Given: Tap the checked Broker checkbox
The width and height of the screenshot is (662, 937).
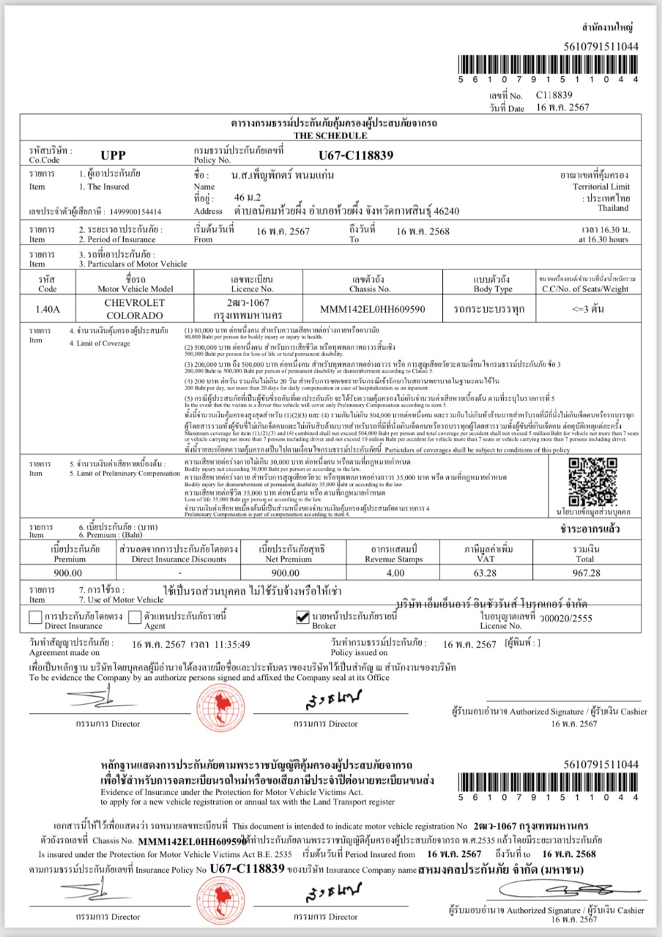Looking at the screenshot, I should tap(302, 618).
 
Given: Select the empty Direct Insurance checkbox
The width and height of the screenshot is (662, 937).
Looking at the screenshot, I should tap(35, 618).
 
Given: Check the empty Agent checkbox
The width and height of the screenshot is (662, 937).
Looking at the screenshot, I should tap(135, 618).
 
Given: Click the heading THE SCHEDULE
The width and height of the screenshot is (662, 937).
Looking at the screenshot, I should tap(330, 136).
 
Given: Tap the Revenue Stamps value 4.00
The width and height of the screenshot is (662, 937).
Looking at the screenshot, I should tap(395, 572).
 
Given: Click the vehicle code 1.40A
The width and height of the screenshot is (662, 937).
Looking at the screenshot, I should tap(48, 308).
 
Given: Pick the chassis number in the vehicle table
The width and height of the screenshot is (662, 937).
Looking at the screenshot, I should tap(372, 309).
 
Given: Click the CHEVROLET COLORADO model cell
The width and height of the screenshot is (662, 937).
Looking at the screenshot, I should tap(134, 308).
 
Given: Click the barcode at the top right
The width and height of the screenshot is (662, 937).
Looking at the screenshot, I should tap(548, 67).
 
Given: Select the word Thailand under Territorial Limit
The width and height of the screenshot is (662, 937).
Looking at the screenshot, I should tap(612, 208).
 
